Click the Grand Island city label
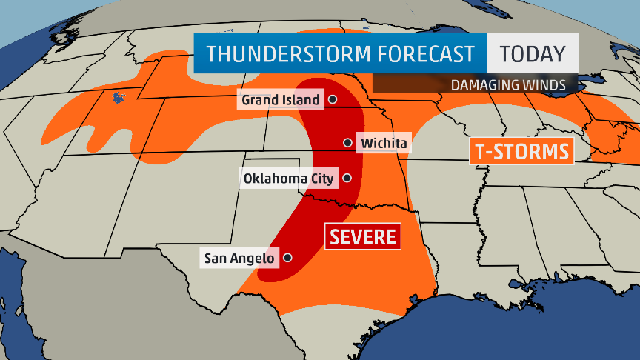click(280, 99)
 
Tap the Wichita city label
click(384, 142)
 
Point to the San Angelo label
click(238, 259)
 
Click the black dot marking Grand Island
click(332, 99)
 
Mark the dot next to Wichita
click(347, 142)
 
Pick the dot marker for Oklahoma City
click(347, 178)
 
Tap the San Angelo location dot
click(287, 259)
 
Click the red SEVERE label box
click(363, 237)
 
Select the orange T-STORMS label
click(522, 152)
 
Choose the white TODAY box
click(532, 54)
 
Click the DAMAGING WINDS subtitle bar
click(474, 84)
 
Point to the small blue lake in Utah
click(116, 97)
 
